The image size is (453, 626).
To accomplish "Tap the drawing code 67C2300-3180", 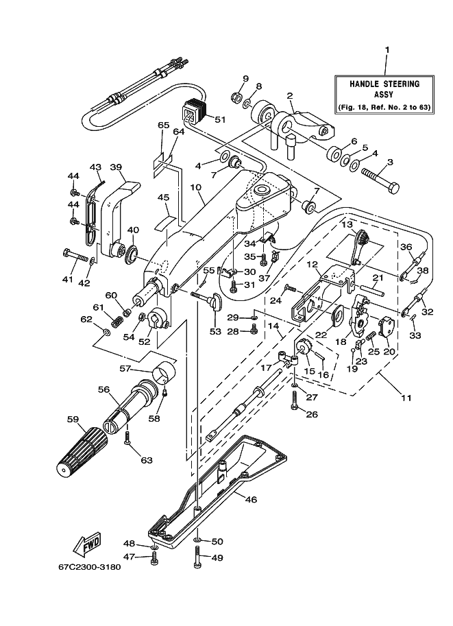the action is coord(89,567).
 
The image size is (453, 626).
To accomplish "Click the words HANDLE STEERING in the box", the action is coord(384,84).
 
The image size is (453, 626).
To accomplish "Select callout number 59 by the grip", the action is coord(73,419).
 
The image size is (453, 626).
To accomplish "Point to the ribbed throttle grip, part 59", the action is coord(82,449).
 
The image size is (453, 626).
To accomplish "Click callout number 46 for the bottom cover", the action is coord(250,499).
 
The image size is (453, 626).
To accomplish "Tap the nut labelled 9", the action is coord(236,96).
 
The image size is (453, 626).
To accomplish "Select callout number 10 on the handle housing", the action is coord(195,186).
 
